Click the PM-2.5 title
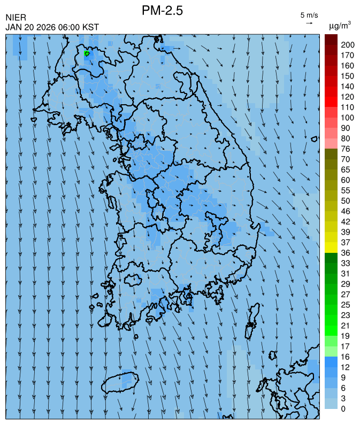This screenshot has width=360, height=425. click(x=163, y=10)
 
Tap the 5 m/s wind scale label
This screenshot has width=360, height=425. click(x=309, y=15)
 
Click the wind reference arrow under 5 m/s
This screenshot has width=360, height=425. click(x=309, y=23)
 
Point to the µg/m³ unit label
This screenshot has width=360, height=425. click(x=340, y=25)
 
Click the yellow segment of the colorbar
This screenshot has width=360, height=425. click(x=331, y=247)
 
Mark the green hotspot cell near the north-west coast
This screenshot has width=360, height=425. click(x=87, y=53)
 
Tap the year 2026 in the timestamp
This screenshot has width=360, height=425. click(x=46, y=27)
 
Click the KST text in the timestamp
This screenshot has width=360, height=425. click(x=90, y=27)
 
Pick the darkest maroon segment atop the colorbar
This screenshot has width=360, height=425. click(x=331, y=39)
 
